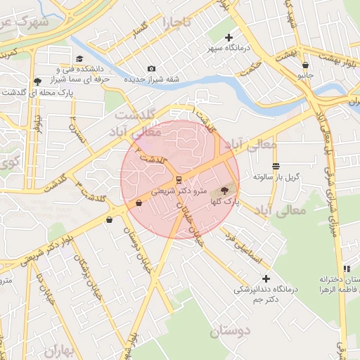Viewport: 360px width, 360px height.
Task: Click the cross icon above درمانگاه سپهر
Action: click(x=229, y=37)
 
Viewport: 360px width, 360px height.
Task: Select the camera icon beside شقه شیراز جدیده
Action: click(x=151, y=69)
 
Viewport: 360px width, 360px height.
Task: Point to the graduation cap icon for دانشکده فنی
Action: click(x=79, y=59)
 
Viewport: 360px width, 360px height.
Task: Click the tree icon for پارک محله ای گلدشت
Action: click(x=37, y=82)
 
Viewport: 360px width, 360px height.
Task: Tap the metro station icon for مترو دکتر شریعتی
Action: click(x=179, y=179)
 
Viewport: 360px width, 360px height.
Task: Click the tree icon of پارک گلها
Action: click(x=224, y=190)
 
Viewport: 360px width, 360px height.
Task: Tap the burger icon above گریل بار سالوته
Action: click(x=276, y=167)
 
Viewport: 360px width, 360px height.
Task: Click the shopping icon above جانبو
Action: click(x=305, y=65)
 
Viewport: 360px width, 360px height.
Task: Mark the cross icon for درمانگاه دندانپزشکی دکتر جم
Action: click(x=266, y=279)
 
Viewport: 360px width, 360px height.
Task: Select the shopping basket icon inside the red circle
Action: click(x=139, y=203)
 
